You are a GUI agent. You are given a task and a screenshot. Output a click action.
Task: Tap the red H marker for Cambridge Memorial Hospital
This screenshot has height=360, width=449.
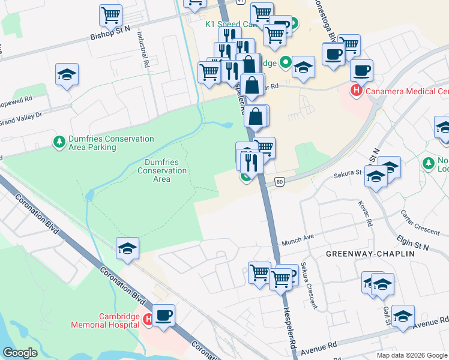(148, 320)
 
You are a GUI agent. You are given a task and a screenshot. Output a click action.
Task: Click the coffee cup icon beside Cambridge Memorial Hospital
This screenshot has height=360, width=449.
(163, 314)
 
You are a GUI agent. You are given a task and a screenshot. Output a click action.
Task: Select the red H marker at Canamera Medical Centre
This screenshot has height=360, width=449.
(356, 91)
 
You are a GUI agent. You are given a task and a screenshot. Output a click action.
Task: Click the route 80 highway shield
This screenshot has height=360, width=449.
(279, 181)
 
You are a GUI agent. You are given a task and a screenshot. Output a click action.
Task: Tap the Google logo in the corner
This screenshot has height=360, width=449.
(20, 353)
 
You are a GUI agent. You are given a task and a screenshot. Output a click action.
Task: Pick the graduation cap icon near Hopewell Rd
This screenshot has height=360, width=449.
(67, 74)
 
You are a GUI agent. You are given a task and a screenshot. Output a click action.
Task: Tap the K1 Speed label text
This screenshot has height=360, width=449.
(227, 25)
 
